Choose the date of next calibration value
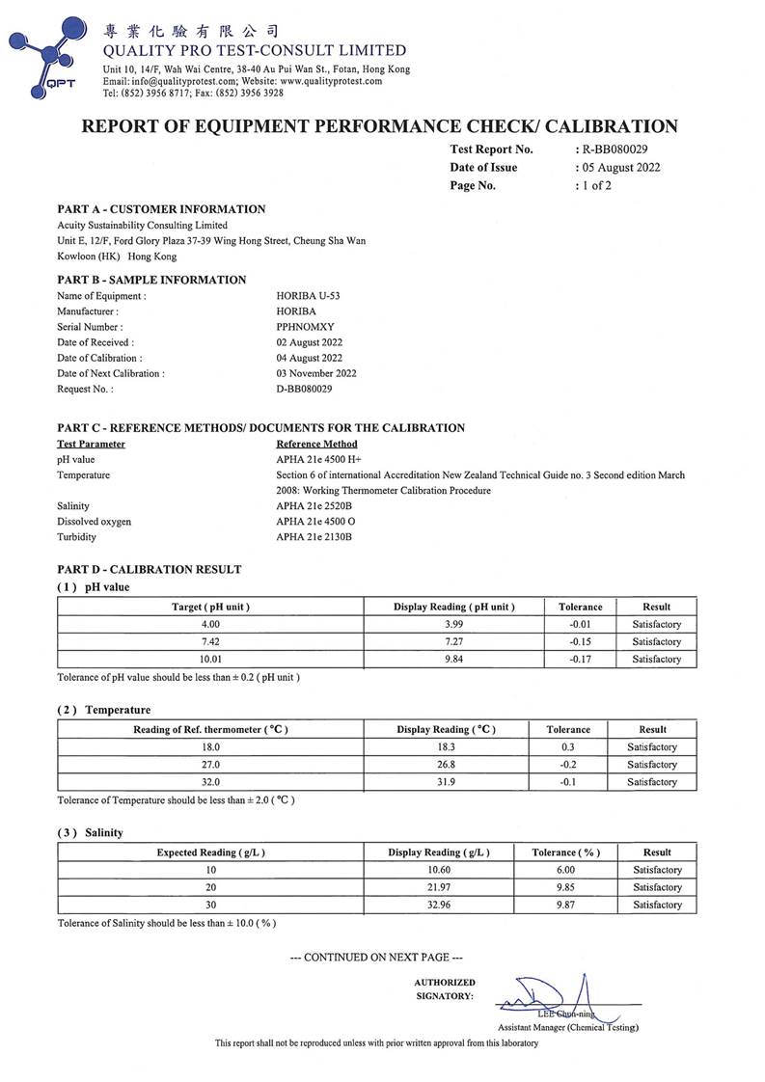coord(316,373)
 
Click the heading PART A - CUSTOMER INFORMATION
coord(161,209)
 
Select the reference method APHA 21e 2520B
coord(314,505)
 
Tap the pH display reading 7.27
coord(453,642)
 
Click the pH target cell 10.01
coord(210,660)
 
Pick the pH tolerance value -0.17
coord(580,660)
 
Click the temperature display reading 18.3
coord(447,747)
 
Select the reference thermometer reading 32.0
coord(210,782)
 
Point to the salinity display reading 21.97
coord(439,887)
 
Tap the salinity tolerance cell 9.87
coord(565,905)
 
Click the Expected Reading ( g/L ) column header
coord(210,852)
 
